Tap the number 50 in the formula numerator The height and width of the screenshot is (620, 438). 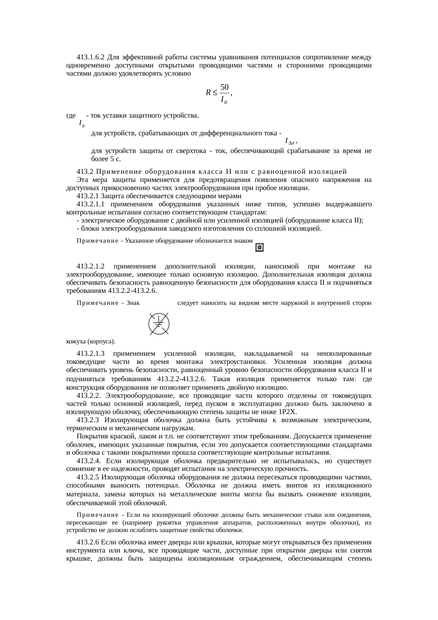(224, 87)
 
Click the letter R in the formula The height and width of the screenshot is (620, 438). (208, 93)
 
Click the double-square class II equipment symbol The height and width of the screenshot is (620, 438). (260, 247)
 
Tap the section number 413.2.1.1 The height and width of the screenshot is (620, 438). (91, 204)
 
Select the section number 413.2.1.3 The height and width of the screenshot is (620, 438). (91, 353)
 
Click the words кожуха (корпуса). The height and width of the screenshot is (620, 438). (91, 342)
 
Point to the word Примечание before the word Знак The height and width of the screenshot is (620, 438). (97, 303)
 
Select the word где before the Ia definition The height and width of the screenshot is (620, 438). (71, 116)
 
